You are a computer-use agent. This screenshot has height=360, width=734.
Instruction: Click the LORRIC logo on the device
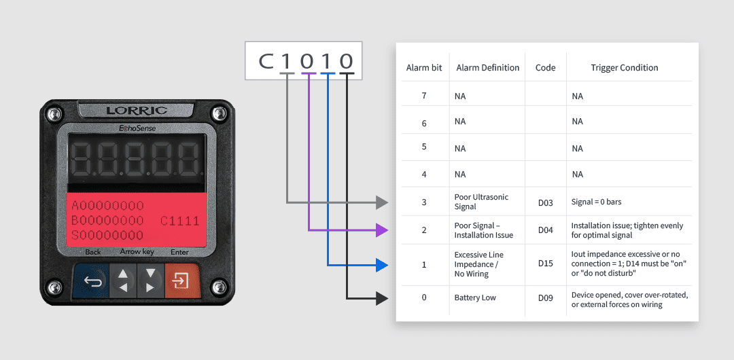coord(136,111)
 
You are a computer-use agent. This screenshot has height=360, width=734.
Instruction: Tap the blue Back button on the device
coord(91,281)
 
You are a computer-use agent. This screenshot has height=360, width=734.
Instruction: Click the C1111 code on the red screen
coord(179,221)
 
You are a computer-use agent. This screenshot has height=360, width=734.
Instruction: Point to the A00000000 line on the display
coord(107,206)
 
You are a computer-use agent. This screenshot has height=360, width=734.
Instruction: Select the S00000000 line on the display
coord(107,235)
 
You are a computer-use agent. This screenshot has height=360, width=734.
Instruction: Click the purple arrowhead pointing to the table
coord(382,230)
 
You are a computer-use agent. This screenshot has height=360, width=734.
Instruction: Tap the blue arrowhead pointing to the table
coord(382,266)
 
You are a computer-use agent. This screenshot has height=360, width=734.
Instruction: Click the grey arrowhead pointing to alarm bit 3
coord(382,202)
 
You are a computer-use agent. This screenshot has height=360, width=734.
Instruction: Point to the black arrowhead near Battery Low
coord(382,298)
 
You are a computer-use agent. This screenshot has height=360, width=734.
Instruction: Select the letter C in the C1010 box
coord(266,61)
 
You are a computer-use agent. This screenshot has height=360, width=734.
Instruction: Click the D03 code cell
coord(545,202)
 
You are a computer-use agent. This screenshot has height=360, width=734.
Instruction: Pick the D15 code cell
coord(545,264)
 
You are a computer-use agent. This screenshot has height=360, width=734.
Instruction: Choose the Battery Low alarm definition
coord(475,298)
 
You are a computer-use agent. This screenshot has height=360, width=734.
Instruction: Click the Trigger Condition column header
coord(625,68)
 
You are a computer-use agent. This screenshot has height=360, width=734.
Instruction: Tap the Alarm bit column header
coord(424,68)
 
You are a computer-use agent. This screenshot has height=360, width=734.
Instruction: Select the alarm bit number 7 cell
coord(424,96)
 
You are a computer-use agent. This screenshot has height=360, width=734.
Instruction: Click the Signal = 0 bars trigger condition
coord(597,202)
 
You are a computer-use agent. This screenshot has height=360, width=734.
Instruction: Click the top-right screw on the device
coord(217,113)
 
